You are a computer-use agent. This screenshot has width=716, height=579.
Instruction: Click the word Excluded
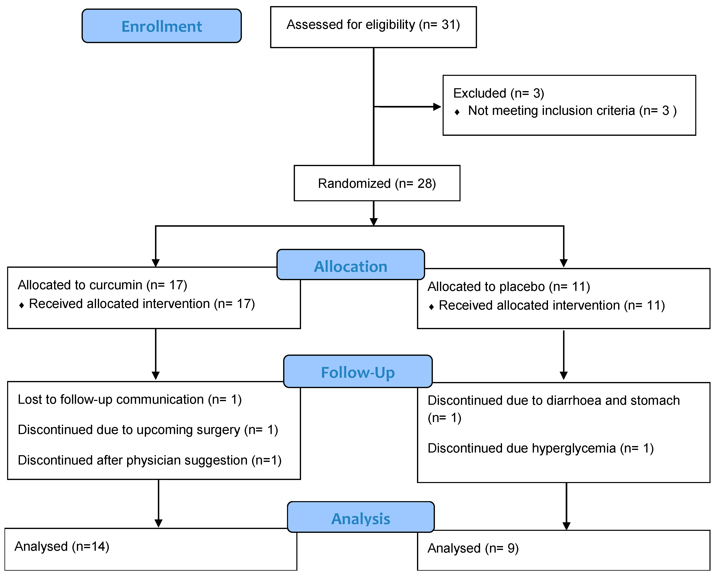(479, 93)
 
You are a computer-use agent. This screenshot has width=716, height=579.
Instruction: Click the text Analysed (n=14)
(62, 546)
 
